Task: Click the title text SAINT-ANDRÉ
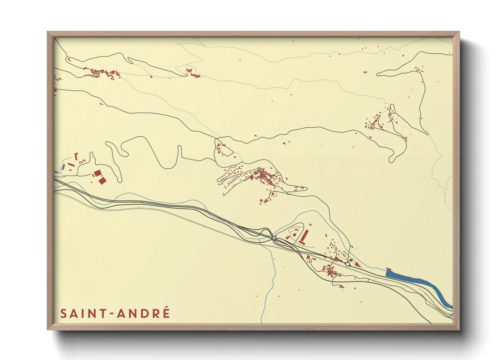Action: tap(115, 313)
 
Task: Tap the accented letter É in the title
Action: tap(166, 313)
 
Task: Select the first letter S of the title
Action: tap(64, 314)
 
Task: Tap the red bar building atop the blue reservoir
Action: tap(389, 269)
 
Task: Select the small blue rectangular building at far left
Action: tap(63, 167)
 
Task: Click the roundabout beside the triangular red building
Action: tap(347, 264)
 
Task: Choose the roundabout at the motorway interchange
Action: tap(274, 239)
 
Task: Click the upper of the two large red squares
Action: tap(98, 173)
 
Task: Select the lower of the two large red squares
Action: tap(101, 180)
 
